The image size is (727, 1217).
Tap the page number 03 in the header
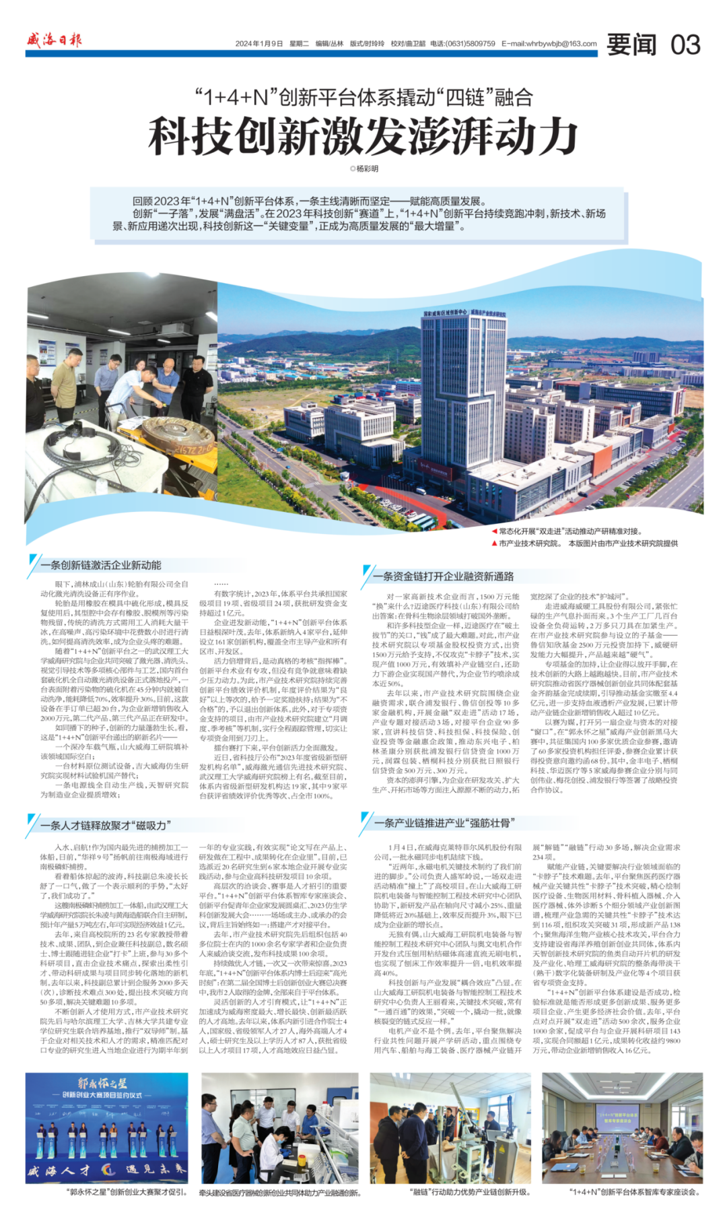pyautogui.click(x=685, y=44)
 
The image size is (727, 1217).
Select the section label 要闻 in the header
pyautogui.click(x=631, y=44)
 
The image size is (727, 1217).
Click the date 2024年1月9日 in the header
pyautogui.click(x=259, y=44)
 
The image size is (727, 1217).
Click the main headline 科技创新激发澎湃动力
pyautogui.click(x=363, y=135)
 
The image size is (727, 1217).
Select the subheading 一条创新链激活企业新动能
pyautogui.click(x=101, y=565)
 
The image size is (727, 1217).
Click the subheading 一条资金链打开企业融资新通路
pyautogui.click(x=444, y=576)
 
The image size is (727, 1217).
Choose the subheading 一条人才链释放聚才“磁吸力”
pyautogui.click(x=106, y=825)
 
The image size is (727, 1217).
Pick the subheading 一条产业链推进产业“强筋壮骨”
pyautogui.click(x=445, y=822)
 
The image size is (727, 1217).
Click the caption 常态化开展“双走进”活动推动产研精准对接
pyautogui.click(x=570, y=531)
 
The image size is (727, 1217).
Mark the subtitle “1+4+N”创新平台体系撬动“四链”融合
pyautogui.click(x=363, y=98)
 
